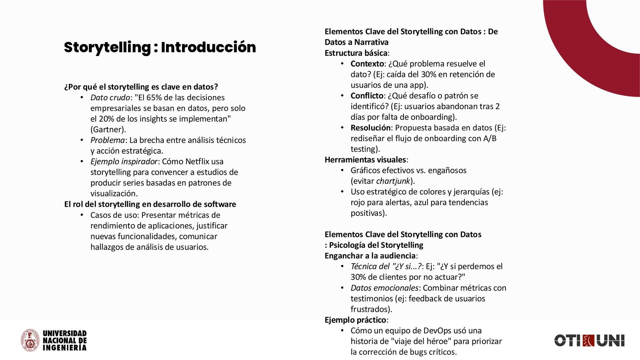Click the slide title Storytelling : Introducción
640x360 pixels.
pyautogui.click(x=160, y=47)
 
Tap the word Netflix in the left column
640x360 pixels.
pyautogui.click(x=197, y=162)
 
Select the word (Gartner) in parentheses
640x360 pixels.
pyautogui.click(x=108, y=130)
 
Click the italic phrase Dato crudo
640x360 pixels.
pyautogui.click(x=110, y=98)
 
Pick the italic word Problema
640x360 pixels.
pyautogui.click(x=107, y=140)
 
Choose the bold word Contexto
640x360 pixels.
pyautogui.click(x=367, y=64)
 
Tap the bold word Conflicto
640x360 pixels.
pyautogui.click(x=367, y=96)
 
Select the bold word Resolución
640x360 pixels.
pyautogui.click(x=370, y=128)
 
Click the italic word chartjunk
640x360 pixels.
pyautogui.click(x=393, y=181)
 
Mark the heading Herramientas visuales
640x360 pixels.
pyautogui.click(x=365, y=160)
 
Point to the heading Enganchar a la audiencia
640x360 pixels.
pyautogui.click(x=370, y=256)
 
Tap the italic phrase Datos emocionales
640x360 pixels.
pyautogui.click(x=384, y=288)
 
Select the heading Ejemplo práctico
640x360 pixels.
pyautogui.click(x=355, y=320)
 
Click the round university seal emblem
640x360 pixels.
pyautogui.click(x=30, y=340)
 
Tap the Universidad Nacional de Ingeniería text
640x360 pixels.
pyautogui.click(x=65, y=341)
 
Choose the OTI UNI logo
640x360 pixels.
pyautogui.click(x=589, y=341)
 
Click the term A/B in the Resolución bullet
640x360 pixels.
pyautogui.click(x=490, y=138)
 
